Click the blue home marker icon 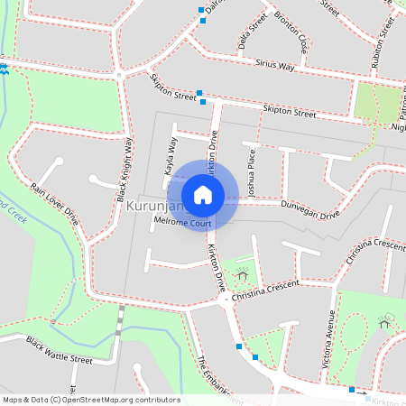click(203, 194)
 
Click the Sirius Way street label click(275, 65)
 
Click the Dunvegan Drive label click(310, 210)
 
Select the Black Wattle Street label click(59, 351)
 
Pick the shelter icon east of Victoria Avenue click(385, 323)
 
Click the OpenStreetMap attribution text click(91, 400)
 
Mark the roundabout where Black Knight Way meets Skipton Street click(119, 74)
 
